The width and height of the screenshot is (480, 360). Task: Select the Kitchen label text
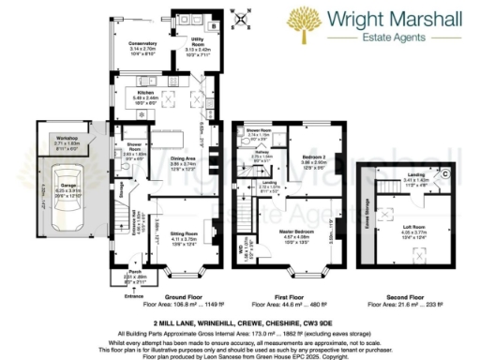[146, 94]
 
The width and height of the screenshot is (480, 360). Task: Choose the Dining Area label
[183, 161]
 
